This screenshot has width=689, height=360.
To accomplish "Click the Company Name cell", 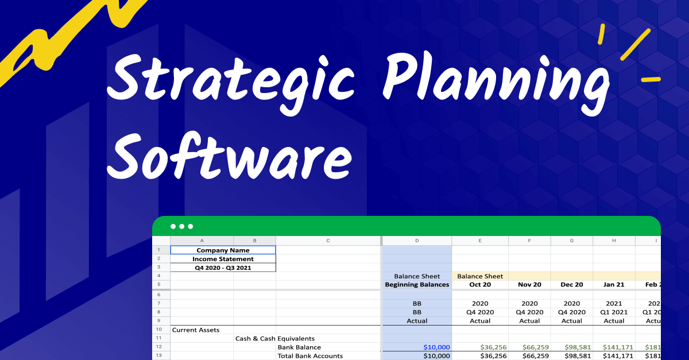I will pyautogui.click(x=223, y=250).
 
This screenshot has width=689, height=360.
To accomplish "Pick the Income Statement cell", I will pyautogui.click(x=223, y=259).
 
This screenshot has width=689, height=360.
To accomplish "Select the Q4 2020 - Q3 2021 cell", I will pyautogui.click(x=223, y=268).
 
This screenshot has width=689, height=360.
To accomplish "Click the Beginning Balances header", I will pyautogui.click(x=417, y=285).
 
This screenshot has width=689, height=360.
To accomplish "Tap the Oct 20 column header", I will pyautogui.click(x=480, y=285).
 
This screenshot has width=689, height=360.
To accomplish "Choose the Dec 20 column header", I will pyautogui.click(x=572, y=285).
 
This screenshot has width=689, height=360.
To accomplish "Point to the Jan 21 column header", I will pyautogui.click(x=614, y=285).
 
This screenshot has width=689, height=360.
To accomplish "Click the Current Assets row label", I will pyautogui.click(x=195, y=330).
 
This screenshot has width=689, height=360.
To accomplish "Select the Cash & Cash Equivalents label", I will pyautogui.click(x=274, y=339).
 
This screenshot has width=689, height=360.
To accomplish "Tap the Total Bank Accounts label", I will pyautogui.click(x=310, y=356).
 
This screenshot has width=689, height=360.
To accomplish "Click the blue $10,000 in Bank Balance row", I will pyautogui.click(x=436, y=347).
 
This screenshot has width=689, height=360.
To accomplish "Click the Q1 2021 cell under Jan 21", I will pyautogui.click(x=614, y=312).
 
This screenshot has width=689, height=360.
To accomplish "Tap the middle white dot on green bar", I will pyautogui.click(x=182, y=226).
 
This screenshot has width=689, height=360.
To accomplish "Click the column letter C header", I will pyautogui.click(x=328, y=241).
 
